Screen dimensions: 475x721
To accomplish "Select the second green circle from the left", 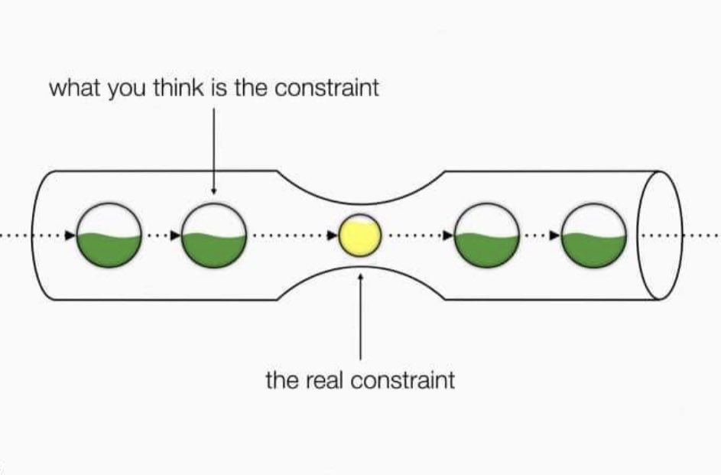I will point(215,236).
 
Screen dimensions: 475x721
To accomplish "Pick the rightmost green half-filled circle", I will point(594,236).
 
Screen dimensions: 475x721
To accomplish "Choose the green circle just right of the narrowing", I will point(487,236).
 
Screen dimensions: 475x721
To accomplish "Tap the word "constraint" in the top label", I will point(326,88).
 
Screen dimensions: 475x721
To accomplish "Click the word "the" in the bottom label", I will point(279,379).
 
